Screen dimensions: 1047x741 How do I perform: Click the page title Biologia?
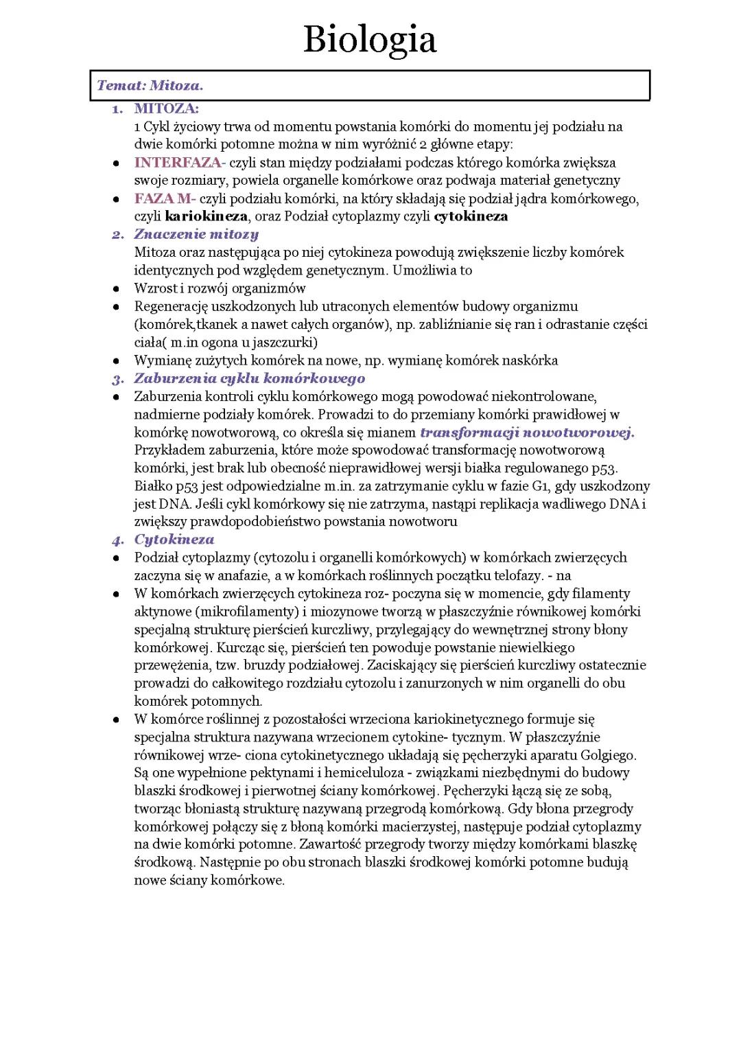pos(370,40)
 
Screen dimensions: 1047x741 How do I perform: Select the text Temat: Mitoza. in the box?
pos(150,87)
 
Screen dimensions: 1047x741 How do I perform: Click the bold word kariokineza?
pos(206,216)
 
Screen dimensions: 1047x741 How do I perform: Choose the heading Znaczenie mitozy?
pos(196,234)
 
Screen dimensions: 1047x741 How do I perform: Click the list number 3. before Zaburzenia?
pos(118,378)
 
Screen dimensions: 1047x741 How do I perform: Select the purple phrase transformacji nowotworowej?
pos(527,433)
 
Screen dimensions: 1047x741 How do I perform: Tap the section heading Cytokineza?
pos(174,540)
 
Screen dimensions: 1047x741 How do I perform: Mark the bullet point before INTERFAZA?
pos(117,163)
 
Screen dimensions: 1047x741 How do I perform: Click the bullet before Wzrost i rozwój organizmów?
pos(117,289)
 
